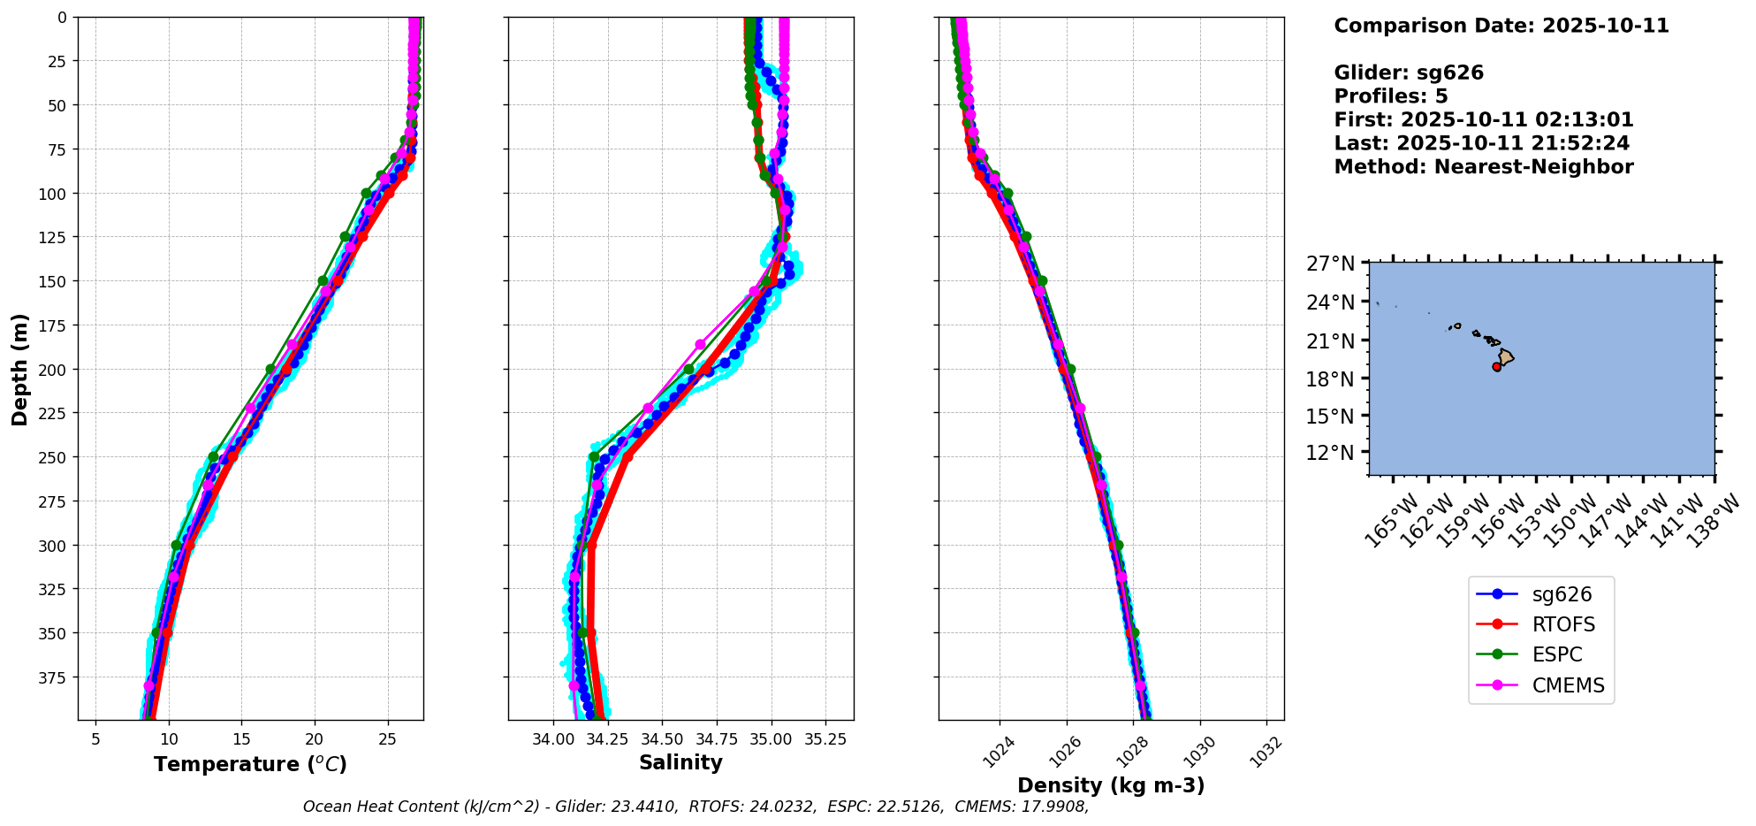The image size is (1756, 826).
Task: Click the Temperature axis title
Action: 250,764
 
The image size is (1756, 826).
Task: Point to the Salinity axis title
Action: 680,762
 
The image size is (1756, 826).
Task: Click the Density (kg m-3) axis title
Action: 1111,785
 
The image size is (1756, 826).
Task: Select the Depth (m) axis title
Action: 19,369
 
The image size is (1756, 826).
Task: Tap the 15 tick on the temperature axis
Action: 241,738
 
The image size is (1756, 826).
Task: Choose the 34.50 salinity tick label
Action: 662,738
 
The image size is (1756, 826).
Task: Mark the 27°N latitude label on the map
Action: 1330,264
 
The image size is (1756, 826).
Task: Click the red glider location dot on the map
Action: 1496,366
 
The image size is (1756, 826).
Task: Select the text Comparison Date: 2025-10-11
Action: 1501,26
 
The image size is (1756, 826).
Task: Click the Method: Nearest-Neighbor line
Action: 1483,166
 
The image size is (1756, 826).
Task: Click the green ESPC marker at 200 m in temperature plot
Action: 270,369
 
